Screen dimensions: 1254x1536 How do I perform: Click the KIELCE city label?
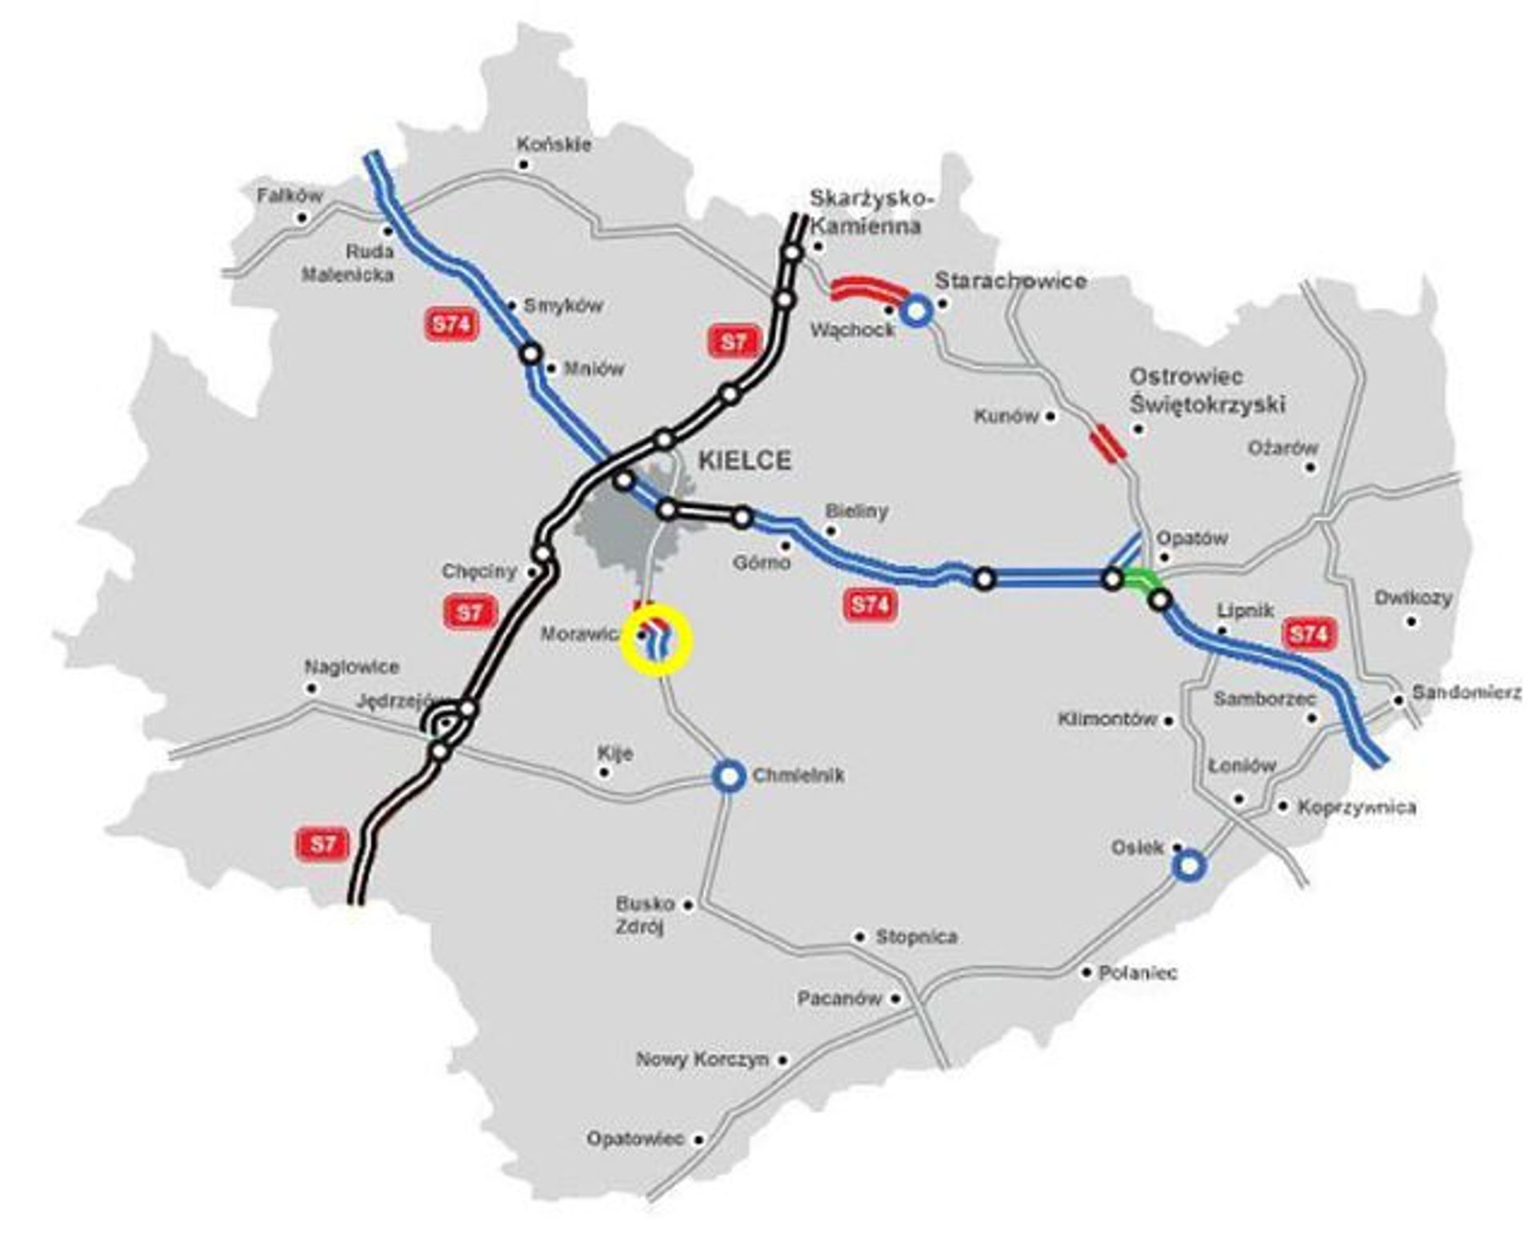(x=744, y=461)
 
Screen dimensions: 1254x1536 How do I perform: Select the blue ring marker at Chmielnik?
(x=728, y=775)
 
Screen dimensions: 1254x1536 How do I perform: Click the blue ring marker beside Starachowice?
(x=917, y=310)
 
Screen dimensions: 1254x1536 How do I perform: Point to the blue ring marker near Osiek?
(x=1189, y=865)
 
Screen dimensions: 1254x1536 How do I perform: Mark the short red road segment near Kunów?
(x=1107, y=443)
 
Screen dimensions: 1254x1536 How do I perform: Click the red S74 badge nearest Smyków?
(x=451, y=325)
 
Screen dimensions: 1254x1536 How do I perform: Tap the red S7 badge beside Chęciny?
(x=470, y=613)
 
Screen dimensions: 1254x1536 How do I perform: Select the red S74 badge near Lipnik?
(x=1309, y=634)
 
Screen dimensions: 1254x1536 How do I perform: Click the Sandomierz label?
(x=1466, y=693)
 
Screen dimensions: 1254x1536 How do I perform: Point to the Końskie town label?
(x=554, y=145)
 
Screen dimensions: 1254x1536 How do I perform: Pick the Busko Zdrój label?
(x=644, y=916)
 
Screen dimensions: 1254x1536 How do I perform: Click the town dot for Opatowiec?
(x=699, y=1140)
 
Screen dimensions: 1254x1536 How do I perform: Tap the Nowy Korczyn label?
(x=702, y=1060)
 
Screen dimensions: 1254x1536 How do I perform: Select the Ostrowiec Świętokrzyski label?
(x=1206, y=390)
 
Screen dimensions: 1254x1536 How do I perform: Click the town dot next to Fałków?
(x=302, y=218)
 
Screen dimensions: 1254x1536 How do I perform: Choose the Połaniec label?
(x=1138, y=972)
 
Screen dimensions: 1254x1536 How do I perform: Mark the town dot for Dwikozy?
(x=1412, y=621)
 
